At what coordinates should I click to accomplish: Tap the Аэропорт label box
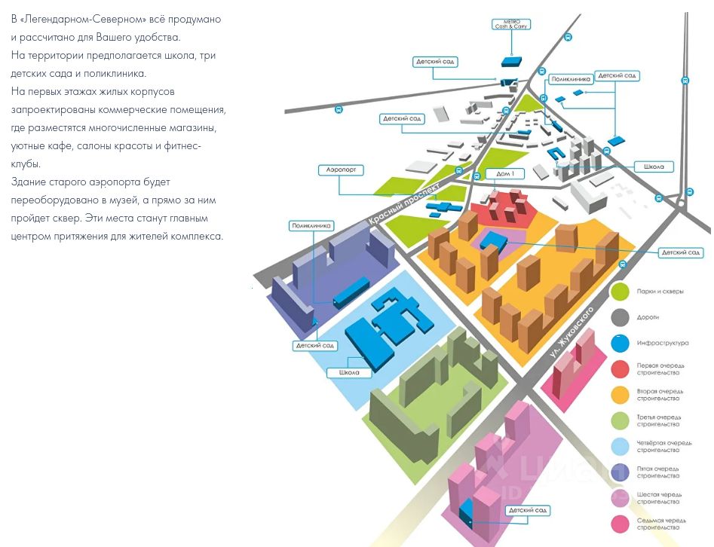coord(342,171)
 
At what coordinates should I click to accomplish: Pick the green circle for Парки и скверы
coord(621,290)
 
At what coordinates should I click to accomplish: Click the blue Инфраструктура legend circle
coord(621,343)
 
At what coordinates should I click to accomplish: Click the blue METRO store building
coord(513,60)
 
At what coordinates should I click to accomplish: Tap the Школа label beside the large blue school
coord(349,372)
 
